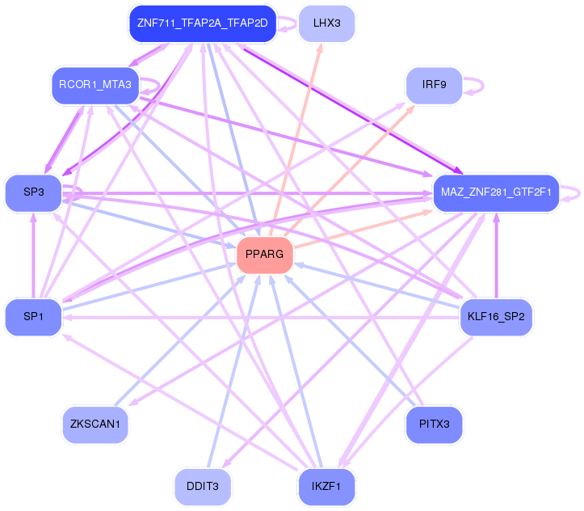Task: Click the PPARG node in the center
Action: (x=264, y=255)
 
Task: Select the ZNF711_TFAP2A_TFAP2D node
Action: (x=203, y=23)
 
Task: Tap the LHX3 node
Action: (x=326, y=23)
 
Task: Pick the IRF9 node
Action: (x=435, y=84)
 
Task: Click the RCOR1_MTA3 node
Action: (x=95, y=84)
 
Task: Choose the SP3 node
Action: (x=33, y=192)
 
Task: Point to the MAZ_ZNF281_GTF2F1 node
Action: (x=496, y=192)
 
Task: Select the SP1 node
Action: (x=33, y=316)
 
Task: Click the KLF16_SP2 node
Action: (x=496, y=316)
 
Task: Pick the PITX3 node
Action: (x=435, y=424)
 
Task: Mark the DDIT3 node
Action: (x=203, y=486)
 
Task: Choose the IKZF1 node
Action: (x=326, y=486)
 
